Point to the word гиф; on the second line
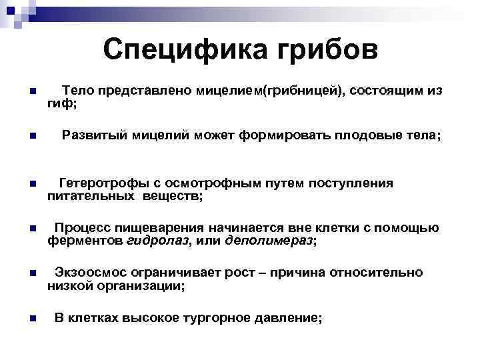pos(62,103)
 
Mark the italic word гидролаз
pos(157,241)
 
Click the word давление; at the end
pos(289,318)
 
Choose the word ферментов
pos(84,241)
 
